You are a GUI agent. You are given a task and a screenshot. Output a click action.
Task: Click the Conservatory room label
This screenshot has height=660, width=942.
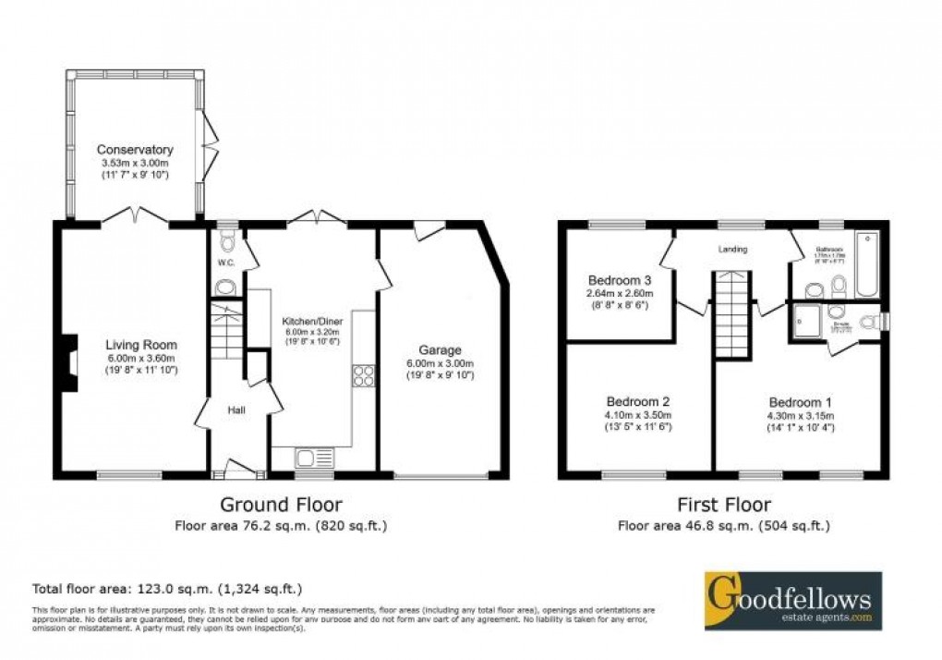tap(137, 150)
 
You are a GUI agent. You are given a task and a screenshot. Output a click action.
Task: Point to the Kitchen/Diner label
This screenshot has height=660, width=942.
tap(311, 321)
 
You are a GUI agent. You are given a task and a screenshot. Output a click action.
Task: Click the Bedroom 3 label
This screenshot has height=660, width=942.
tap(621, 281)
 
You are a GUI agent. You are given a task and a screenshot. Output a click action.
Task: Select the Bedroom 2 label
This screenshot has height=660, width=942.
tap(637, 402)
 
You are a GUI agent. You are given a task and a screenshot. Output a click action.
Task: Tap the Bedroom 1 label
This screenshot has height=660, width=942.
tap(801, 402)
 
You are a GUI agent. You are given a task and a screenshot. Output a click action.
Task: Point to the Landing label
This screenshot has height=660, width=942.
tap(734, 250)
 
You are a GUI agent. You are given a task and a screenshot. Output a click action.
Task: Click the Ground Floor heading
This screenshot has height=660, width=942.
tap(281, 505)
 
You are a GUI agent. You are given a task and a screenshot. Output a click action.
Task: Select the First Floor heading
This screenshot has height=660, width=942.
tap(723, 505)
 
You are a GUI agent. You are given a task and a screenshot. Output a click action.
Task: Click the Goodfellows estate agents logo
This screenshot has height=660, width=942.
tap(792, 600)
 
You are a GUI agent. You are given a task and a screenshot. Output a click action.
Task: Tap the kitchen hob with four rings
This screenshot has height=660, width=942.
tap(363, 375)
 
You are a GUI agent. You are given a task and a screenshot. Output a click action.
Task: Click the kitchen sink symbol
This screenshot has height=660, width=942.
tap(313, 457)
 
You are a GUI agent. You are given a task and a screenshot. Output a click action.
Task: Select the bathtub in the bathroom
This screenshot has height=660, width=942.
tap(866, 264)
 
